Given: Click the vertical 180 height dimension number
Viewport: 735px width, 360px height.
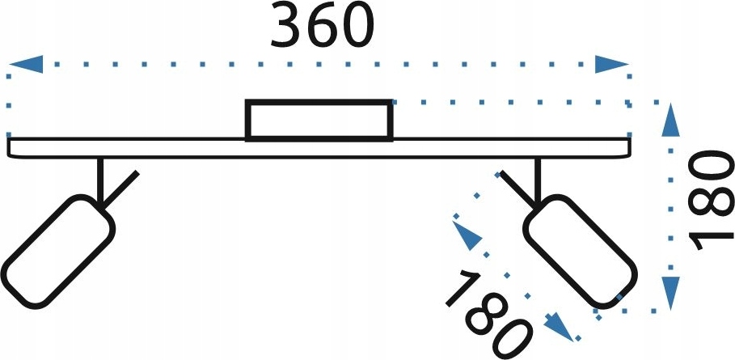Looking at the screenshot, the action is click(x=710, y=201).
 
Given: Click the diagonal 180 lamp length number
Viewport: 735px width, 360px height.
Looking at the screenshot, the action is click(x=489, y=315).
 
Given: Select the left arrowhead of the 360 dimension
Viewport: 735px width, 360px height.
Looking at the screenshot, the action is click(x=26, y=64).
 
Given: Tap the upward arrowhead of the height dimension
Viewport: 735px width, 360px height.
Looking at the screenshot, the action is click(x=671, y=120).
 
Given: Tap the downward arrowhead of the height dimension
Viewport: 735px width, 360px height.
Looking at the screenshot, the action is click(x=671, y=293).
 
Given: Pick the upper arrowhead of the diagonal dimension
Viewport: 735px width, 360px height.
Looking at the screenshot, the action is click(x=467, y=235).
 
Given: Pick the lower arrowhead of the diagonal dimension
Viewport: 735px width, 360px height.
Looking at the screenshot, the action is click(x=559, y=327).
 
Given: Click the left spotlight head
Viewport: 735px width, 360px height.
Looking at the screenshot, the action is click(x=58, y=252).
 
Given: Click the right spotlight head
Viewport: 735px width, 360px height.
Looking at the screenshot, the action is click(x=581, y=252).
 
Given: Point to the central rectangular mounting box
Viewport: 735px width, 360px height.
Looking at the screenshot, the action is click(x=319, y=121).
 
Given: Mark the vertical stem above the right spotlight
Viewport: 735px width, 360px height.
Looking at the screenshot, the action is click(x=538, y=181).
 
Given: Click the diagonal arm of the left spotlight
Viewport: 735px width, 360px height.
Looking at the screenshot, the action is click(x=120, y=189).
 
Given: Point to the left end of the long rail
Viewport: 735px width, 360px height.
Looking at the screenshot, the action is click(x=8, y=148).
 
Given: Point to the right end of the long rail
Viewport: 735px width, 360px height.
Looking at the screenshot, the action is click(x=630, y=148).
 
